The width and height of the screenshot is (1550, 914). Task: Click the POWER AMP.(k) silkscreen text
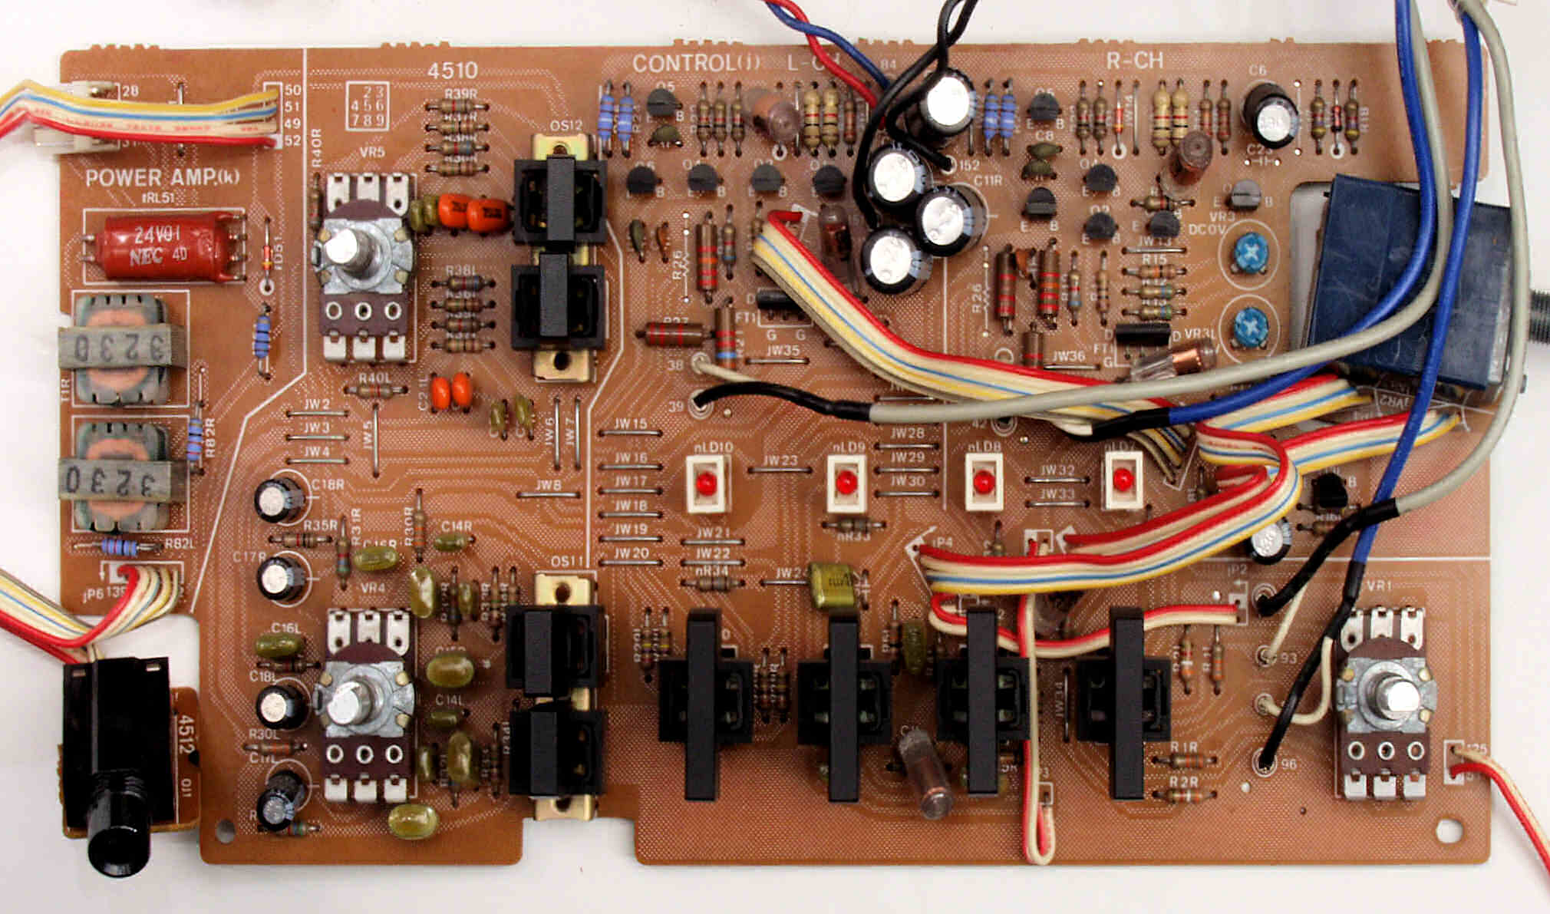coord(162,178)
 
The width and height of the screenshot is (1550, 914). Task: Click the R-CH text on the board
coord(1134,61)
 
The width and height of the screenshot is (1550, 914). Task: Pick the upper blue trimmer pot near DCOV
coord(1251,254)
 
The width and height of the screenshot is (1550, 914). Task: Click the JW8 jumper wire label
coord(548,484)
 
